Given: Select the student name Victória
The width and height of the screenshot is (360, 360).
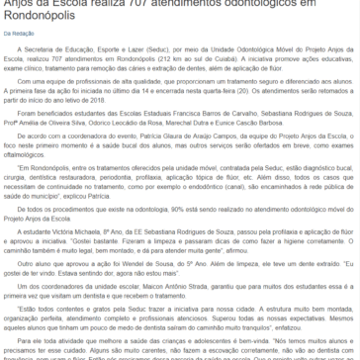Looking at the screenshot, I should click(71, 219).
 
